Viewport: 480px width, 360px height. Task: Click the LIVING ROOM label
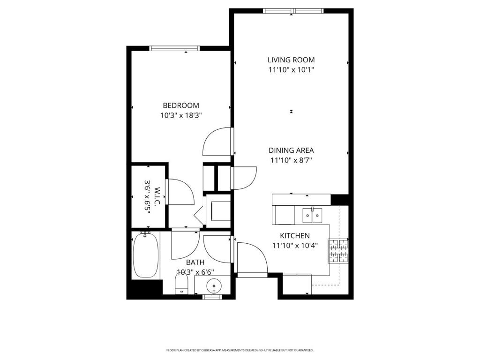(291, 60)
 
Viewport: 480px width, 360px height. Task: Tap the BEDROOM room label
(181, 105)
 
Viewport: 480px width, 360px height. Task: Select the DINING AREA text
(291, 150)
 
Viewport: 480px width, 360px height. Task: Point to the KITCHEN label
(295, 236)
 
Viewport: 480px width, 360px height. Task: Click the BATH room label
(195, 262)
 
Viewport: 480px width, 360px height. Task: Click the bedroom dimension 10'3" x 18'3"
(181, 115)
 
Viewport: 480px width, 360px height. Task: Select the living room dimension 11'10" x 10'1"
(291, 69)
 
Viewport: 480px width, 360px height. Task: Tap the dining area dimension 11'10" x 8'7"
(291, 160)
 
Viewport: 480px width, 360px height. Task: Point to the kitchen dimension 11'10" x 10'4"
(295, 246)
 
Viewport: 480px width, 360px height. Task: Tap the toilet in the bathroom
(181, 284)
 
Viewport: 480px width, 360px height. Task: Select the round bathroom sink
(214, 286)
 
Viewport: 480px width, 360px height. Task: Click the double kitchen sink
(312, 215)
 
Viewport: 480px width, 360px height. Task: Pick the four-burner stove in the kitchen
(338, 251)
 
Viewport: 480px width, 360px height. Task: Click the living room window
(293, 11)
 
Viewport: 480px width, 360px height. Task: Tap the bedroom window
(174, 48)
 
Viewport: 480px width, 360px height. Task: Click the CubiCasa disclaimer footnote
(240, 350)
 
